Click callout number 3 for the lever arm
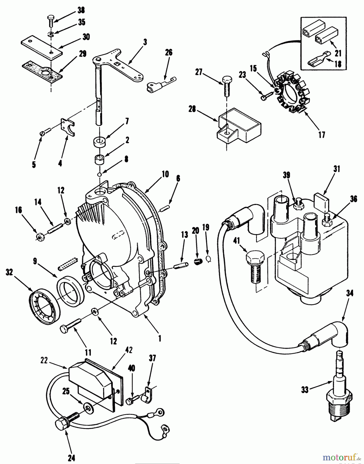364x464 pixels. pos(145,42)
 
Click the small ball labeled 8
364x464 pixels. pos(99,175)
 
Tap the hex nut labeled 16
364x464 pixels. pos(40,236)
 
